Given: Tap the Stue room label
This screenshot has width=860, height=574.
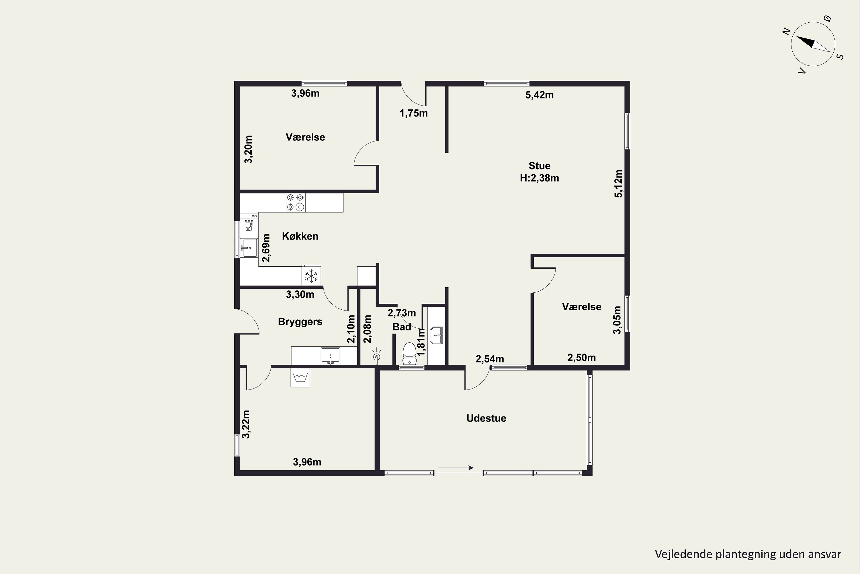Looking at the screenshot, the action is click(x=539, y=166).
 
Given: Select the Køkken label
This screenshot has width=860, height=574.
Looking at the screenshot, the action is click(x=300, y=236).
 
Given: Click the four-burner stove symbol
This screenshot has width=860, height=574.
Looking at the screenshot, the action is click(x=296, y=202).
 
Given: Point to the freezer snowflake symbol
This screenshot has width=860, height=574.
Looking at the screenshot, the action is click(x=311, y=276).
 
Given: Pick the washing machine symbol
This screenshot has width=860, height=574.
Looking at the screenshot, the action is click(x=300, y=377).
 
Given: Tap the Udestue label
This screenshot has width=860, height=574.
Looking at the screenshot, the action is click(x=486, y=418).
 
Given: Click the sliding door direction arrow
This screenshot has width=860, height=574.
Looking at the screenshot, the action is click(x=456, y=468).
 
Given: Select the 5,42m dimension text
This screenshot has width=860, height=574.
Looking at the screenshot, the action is click(x=539, y=95).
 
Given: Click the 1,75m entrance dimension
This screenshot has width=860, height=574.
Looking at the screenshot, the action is click(x=414, y=113).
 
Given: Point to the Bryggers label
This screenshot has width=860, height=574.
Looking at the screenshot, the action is click(x=300, y=322).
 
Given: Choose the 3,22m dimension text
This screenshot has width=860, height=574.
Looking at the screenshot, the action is click(x=246, y=424).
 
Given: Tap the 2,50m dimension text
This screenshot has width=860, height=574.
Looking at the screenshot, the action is click(x=581, y=358).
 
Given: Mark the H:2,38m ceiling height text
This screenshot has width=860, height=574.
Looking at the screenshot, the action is click(x=539, y=178).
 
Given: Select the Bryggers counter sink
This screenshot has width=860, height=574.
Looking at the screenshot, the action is click(x=331, y=356).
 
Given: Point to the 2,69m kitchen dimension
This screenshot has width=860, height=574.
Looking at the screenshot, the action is click(x=267, y=248).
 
